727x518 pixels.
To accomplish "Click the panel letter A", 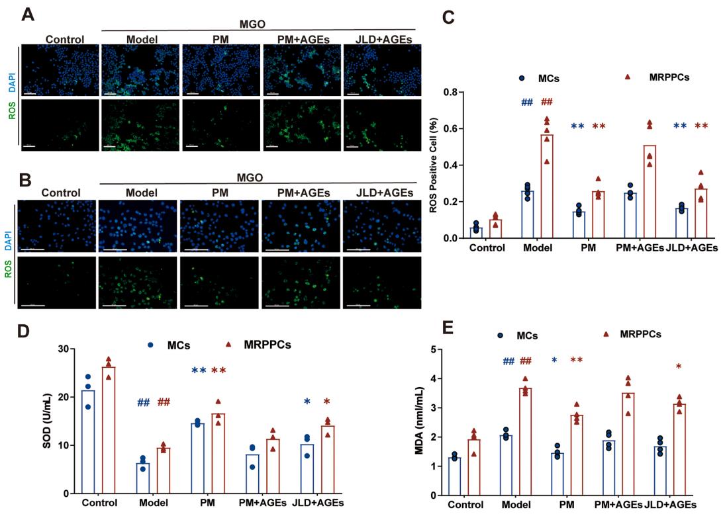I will click(28, 14).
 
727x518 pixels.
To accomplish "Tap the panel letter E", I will click(448, 329).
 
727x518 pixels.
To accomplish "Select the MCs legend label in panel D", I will click(178, 345).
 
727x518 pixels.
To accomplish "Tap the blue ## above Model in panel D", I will click(143, 402).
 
